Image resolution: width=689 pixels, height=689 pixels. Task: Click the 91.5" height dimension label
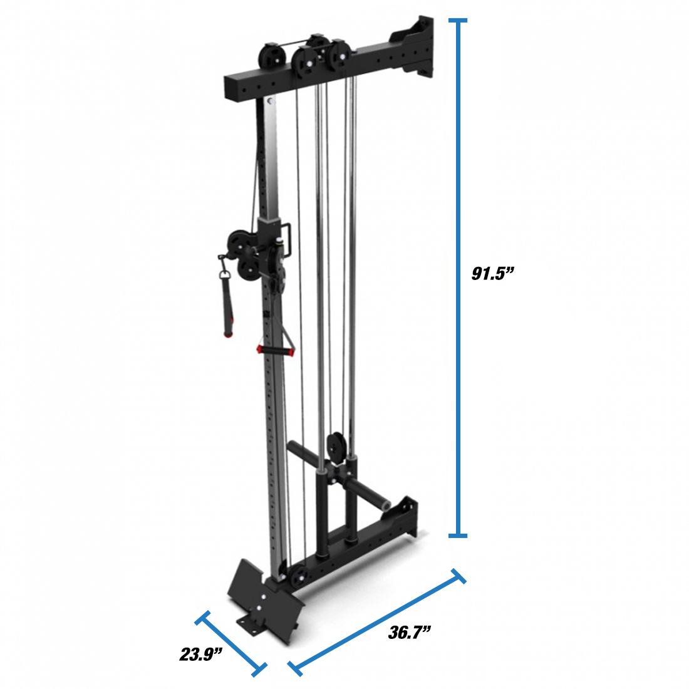(x=492, y=273)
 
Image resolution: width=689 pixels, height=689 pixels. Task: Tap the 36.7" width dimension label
(x=409, y=633)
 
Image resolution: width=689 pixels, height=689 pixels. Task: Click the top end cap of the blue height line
(x=457, y=20)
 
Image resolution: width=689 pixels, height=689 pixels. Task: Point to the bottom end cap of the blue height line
(x=457, y=535)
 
